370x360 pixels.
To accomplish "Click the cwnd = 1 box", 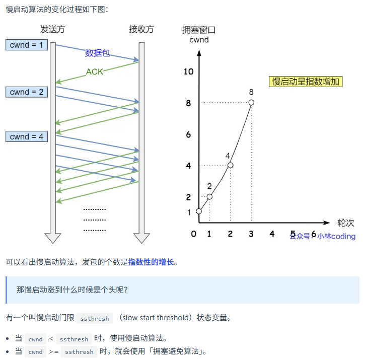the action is [x=27, y=45].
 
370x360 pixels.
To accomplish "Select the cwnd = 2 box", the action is [x=27, y=92].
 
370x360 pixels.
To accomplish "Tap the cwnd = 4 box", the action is [x=27, y=136].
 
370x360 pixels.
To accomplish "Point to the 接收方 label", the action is [x=141, y=29].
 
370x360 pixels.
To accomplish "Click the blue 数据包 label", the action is [x=97, y=53].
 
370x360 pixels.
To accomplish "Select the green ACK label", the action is [x=94, y=71].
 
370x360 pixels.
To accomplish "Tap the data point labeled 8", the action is [x=251, y=103].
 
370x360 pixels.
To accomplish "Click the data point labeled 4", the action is [x=230, y=165].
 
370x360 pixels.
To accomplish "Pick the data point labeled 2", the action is [x=209, y=196].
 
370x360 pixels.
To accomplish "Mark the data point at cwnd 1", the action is [x=199, y=211].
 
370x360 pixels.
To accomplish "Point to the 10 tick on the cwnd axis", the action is [x=188, y=71].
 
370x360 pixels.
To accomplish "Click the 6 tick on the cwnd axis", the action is [x=188, y=134].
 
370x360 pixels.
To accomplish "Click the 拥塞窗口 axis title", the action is [x=199, y=30].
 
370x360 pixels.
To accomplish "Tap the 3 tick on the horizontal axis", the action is [x=251, y=234].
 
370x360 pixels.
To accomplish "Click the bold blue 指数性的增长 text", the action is [x=151, y=262].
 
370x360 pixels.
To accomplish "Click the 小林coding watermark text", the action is [x=336, y=236].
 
